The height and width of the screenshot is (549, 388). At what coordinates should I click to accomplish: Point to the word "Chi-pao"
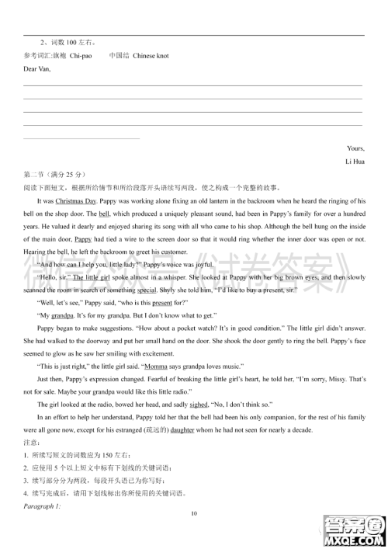click(81, 56)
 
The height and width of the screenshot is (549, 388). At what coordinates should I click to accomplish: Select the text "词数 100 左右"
click(75, 43)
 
